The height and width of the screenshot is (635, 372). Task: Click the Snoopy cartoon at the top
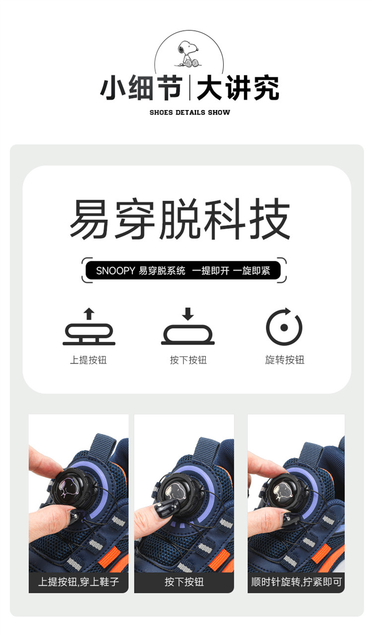click(188, 54)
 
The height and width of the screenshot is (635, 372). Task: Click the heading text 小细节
click(141, 88)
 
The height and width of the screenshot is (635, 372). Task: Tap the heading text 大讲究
click(238, 88)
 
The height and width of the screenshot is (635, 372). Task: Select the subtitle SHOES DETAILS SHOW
click(189, 113)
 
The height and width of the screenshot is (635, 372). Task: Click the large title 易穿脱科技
click(180, 219)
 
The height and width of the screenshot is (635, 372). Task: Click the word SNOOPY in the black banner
click(116, 271)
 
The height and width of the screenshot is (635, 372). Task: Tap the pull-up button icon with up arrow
click(89, 326)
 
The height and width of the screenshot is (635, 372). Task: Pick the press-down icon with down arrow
click(187, 326)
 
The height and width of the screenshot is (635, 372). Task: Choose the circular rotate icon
click(284, 326)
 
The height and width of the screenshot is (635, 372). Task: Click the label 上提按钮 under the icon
click(88, 360)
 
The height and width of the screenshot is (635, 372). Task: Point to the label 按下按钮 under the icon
click(188, 360)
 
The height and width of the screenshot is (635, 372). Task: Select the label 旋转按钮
click(285, 360)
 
